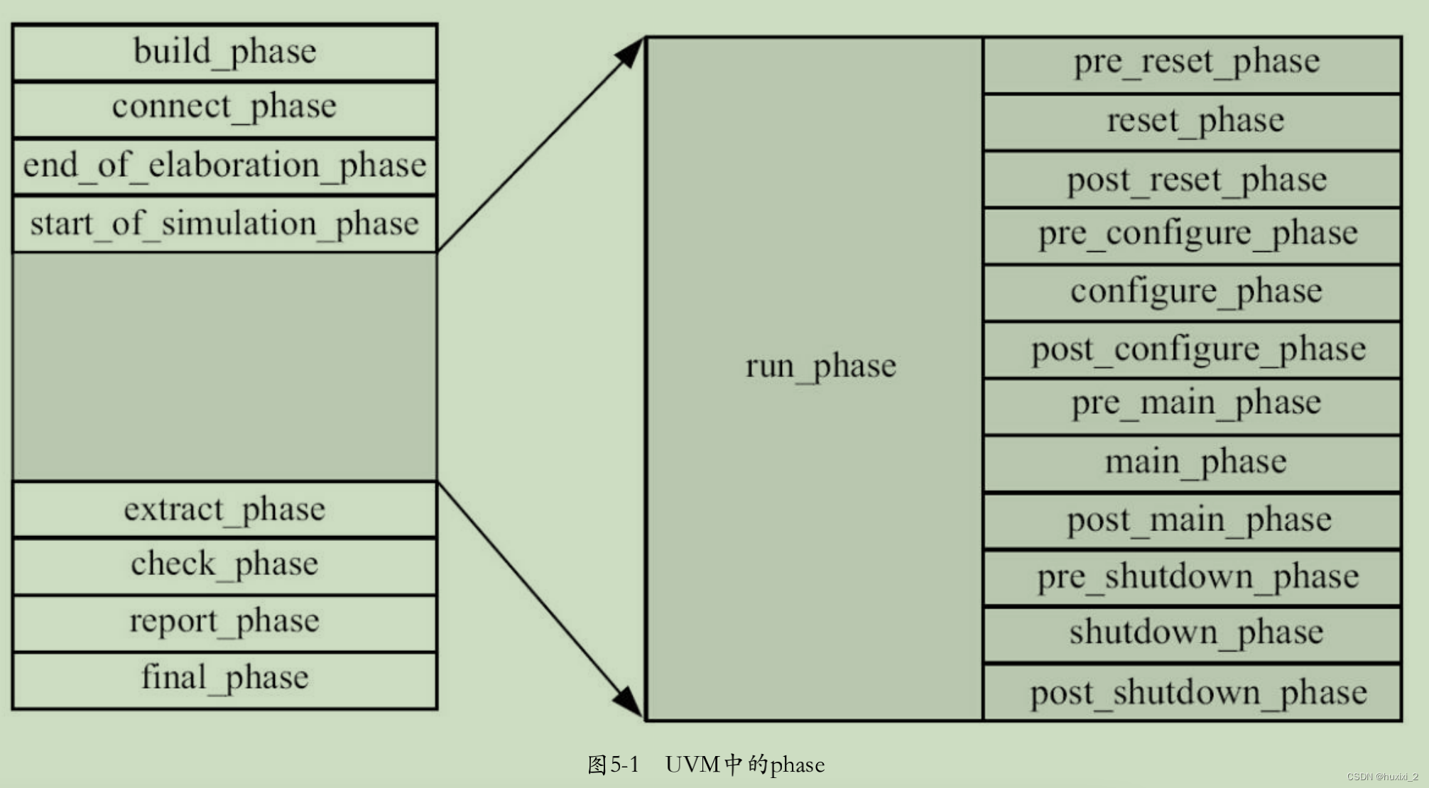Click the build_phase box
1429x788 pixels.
point(224,53)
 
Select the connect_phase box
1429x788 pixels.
point(224,108)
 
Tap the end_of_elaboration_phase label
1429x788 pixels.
point(224,165)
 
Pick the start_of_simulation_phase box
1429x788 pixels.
point(224,224)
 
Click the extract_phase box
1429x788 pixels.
point(224,509)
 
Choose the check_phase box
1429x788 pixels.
point(224,564)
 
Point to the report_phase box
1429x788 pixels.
point(224,622)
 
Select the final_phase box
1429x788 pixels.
point(224,678)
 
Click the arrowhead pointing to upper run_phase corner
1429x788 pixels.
point(631,53)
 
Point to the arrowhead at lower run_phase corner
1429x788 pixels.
point(629,702)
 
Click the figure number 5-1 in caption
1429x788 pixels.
point(624,765)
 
